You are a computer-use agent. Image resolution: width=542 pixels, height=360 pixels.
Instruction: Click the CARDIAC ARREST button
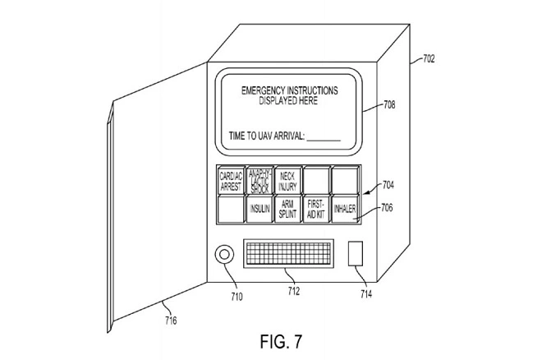click(231, 180)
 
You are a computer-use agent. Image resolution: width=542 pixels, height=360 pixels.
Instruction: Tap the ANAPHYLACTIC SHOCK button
click(260, 180)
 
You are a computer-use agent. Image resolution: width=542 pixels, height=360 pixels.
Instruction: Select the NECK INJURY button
click(287, 180)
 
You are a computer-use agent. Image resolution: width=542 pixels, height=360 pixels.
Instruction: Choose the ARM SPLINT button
click(287, 210)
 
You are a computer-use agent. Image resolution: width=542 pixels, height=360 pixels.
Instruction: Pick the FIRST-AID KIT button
click(316, 210)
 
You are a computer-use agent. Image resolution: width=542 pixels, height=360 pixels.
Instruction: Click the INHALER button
click(345, 210)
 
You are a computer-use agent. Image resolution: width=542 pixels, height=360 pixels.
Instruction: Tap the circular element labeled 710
click(223, 256)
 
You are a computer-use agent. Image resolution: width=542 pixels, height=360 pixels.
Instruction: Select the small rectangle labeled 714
click(356, 254)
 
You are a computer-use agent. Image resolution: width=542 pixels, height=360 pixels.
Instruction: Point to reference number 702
click(428, 58)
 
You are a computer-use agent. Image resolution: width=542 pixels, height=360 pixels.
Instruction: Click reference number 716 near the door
click(169, 320)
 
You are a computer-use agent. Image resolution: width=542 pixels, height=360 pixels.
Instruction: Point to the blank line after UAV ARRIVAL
click(323, 138)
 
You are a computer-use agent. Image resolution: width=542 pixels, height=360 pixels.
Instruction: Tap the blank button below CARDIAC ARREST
click(231, 210)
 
